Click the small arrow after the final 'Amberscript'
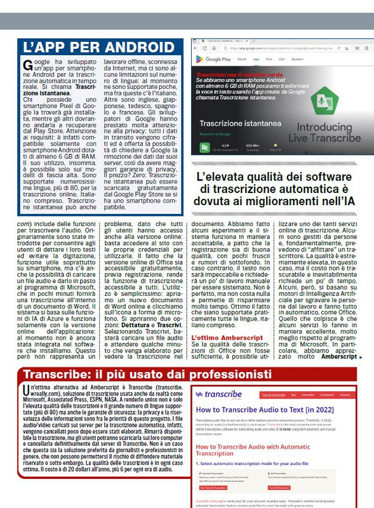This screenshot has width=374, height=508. click(361, 357)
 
